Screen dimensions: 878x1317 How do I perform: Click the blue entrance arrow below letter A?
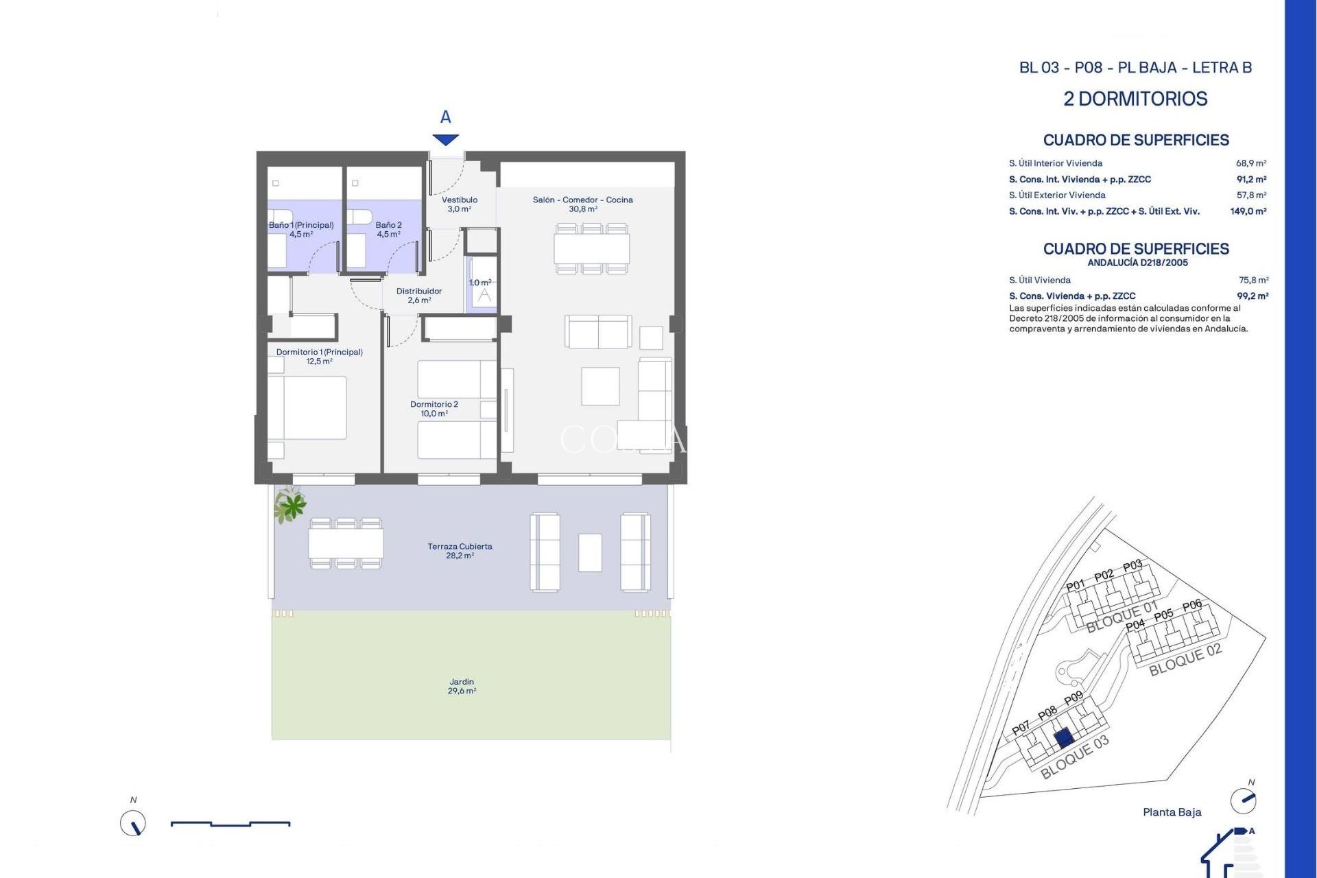[446, 140]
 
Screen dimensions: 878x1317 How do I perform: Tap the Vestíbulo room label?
[460, 204]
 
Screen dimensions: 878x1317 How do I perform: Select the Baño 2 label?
[388, 229]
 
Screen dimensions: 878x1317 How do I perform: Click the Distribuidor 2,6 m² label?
[419, 296]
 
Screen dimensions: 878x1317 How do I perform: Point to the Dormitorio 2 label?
[434, 409]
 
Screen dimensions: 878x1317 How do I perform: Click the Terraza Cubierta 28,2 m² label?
[460, 551]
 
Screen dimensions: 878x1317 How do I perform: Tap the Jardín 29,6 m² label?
[462, 686]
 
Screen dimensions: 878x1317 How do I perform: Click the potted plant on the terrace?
[291, 506]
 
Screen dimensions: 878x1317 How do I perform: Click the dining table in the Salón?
[591, 248]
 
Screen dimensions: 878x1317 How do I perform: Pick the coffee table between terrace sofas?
[590, 552]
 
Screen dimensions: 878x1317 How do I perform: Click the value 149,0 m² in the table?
[1248, 211]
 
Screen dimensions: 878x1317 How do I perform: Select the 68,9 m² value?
[1250, 163]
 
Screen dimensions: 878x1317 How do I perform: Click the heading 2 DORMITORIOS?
[1135, 99]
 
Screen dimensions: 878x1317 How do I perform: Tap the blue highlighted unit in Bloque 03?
[1063, 738]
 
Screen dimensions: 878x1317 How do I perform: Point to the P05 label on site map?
[1163, 615]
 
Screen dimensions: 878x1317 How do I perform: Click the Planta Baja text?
[1172, 812]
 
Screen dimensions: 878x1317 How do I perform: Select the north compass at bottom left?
[133, 822]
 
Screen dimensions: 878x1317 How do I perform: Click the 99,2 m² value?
[1252, 296]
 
